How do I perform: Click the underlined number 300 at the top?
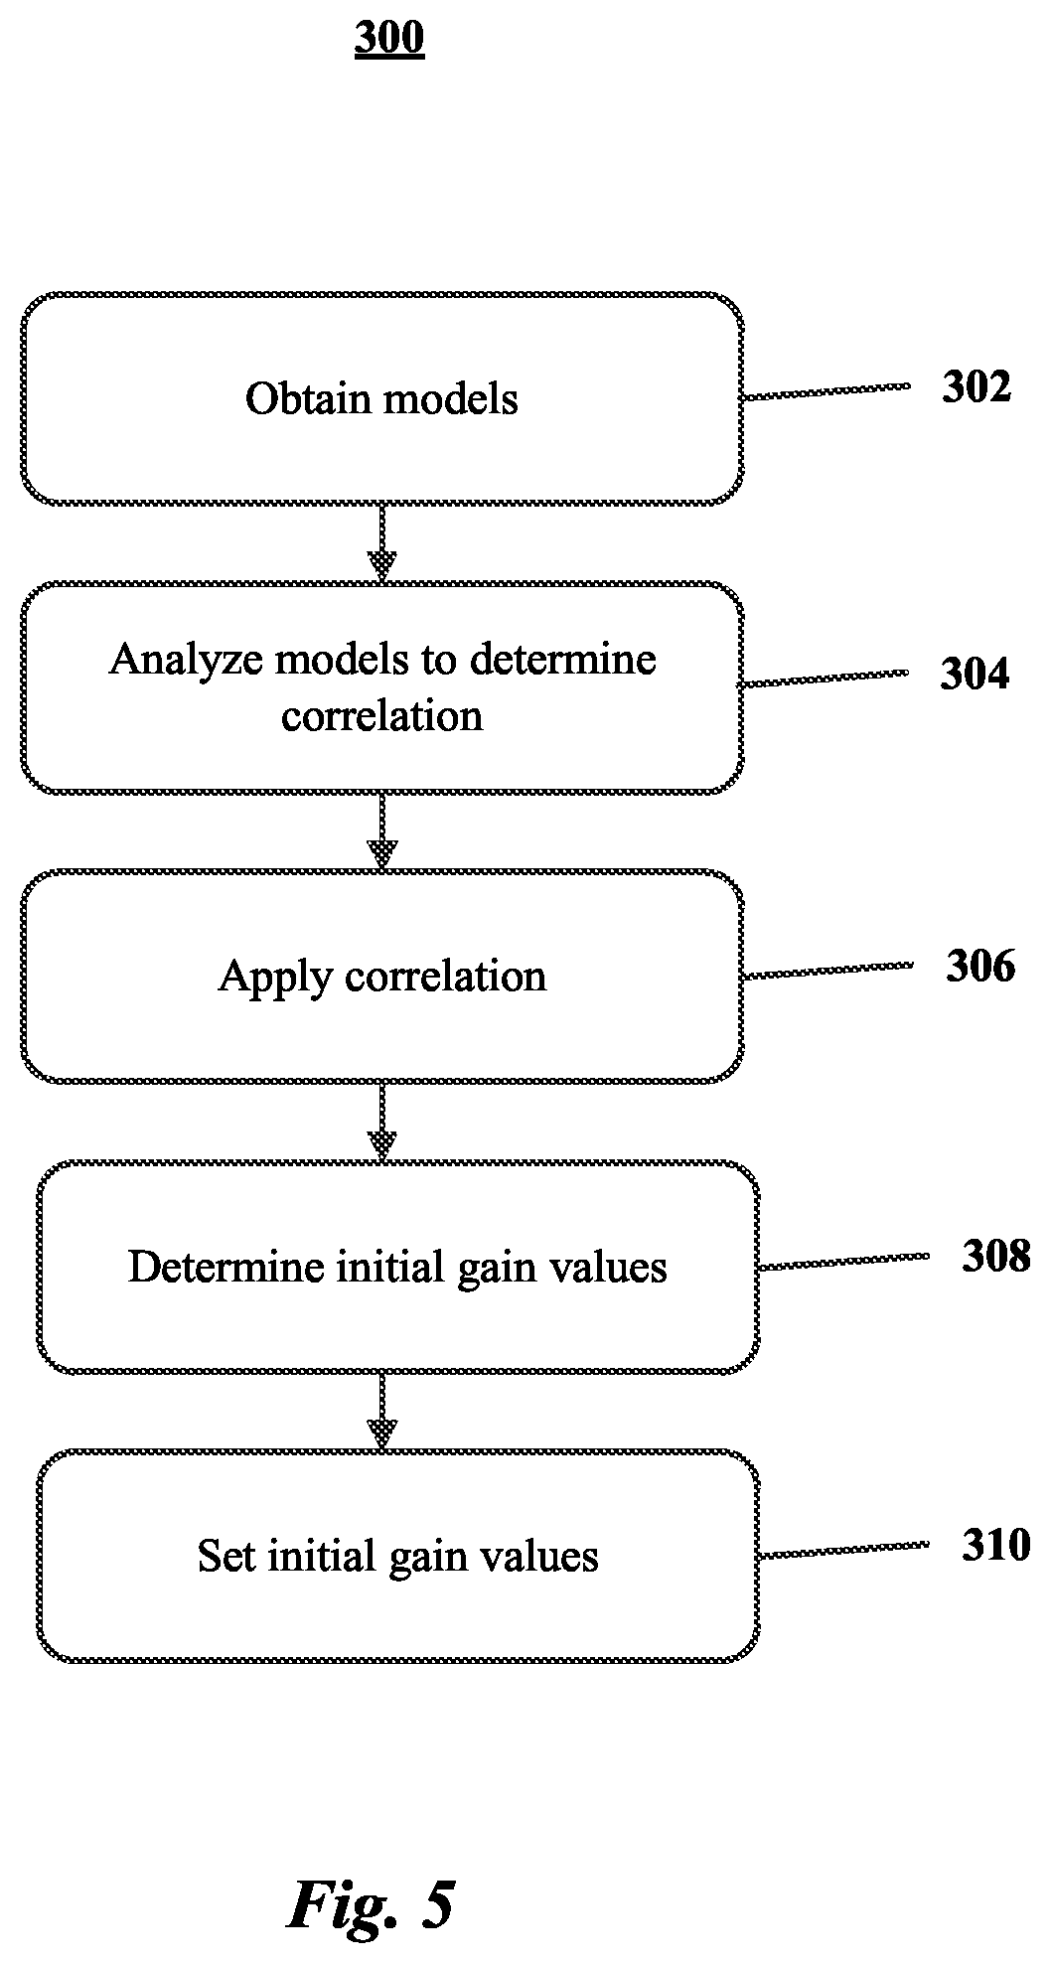pos(389,39)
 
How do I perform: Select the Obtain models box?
pos(382,398)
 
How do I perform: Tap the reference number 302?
pos(976,387)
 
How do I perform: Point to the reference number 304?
pos(975,675)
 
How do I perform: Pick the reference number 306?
pos(980,966)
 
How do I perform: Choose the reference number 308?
pos(996,1257)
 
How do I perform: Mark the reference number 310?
pos(996,1545)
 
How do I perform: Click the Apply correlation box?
pos(382,976)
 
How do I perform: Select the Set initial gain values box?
pos(398,1556)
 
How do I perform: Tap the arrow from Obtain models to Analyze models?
pos(382,542)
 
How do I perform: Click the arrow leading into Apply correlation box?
pos(382,831)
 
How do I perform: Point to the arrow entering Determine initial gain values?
pos(382,1122)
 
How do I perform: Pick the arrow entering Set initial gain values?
pos(382,1412)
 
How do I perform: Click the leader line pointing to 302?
pos(827,391)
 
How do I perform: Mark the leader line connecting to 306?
pos(828,970)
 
